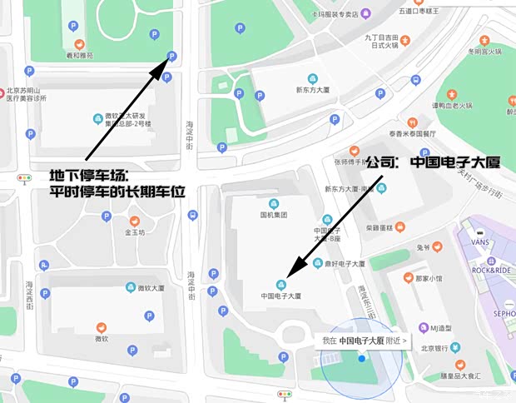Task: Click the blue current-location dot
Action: [x=361, y=358]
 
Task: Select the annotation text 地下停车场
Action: [x=88, y=176]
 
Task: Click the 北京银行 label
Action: [x=436, y=349]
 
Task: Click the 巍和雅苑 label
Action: [x=80, y=56]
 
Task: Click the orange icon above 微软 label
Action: [x=102, y=326]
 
